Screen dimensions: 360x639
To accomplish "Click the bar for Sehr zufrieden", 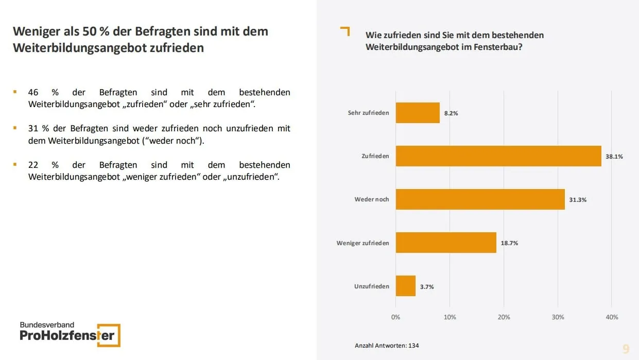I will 418,113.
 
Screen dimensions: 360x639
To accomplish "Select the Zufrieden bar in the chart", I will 498,156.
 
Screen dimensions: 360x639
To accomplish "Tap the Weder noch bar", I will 480,199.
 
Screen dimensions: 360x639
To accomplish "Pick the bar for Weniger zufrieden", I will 446,243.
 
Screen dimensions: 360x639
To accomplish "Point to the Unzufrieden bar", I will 406,286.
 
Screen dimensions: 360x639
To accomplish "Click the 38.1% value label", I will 614,157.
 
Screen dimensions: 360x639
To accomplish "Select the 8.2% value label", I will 451,113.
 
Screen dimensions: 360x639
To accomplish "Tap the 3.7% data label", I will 427,287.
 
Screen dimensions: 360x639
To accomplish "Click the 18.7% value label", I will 509,243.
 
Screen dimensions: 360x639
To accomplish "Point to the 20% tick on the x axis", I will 504,317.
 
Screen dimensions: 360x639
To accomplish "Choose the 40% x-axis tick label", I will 612,317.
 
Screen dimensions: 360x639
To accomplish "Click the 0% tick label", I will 395,317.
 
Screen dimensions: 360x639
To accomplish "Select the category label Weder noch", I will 372,199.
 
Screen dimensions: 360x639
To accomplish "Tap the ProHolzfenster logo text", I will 67,336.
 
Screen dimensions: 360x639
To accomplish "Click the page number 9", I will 626,349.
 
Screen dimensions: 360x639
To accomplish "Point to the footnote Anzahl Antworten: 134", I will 387,346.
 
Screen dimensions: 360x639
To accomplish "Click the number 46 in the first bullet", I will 33,93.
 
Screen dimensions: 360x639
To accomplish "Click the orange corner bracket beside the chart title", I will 346,31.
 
